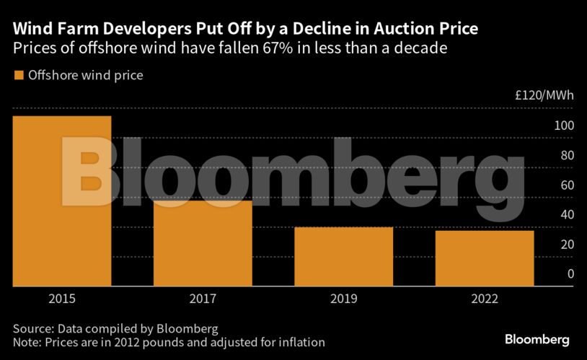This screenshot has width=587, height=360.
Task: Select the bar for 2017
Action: [x=203, y=243]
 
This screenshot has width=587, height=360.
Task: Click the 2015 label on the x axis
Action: [x=62, y=297]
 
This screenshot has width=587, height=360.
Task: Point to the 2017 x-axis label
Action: [x=203, y=297]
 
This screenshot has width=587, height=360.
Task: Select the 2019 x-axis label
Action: [x=343, y=297]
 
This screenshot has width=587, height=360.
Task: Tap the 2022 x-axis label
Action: [x=485, y=297]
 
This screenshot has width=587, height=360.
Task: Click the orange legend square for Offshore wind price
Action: [x=19, y=75]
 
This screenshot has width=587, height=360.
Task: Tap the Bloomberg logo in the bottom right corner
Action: [x=537, y=339]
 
